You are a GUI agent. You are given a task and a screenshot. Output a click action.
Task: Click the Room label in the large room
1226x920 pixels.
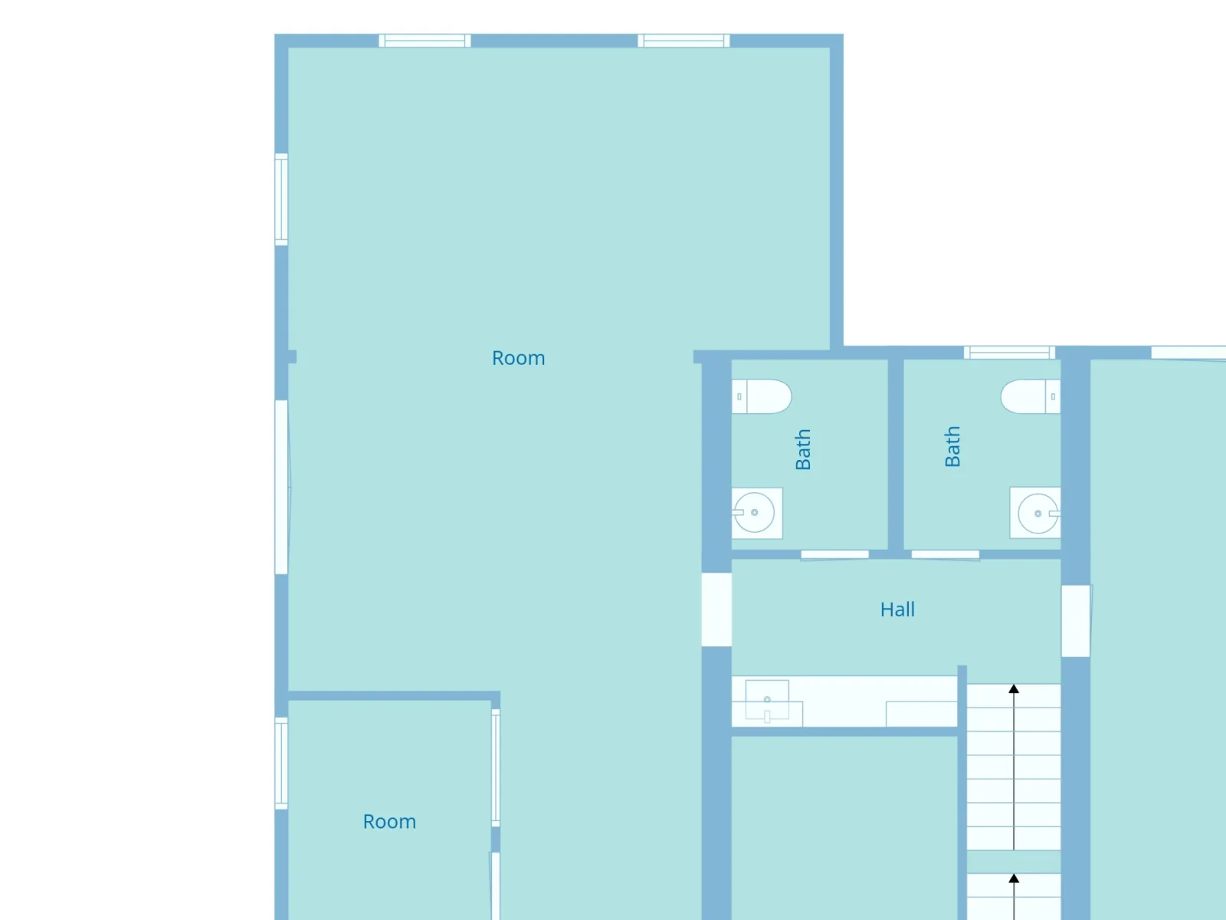click(x=518, y=358)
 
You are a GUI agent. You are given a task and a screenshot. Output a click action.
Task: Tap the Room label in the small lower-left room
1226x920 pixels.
click(x=389, y=822)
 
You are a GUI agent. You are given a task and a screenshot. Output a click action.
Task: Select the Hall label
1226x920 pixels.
click(x=897, y=609)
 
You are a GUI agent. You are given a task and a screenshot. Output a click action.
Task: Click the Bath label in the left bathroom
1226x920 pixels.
click(x=802, y=450)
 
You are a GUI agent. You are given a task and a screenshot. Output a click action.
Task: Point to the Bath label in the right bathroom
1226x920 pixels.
click(x=952, y=446)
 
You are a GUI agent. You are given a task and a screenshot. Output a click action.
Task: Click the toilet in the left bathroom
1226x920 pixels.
click(x=762, y=396)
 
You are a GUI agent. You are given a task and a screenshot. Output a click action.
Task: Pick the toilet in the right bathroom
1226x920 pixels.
click(x=1031, y=396)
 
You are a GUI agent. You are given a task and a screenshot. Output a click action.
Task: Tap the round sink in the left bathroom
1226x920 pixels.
click(x=755, y=512)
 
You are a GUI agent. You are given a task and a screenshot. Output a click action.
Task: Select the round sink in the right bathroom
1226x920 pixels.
click(x=1037, y=513)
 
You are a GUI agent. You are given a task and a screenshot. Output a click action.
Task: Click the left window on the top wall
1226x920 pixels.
click(x=425, y=41)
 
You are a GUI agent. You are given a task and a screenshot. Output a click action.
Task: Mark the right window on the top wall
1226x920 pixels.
click(x=683, y=41)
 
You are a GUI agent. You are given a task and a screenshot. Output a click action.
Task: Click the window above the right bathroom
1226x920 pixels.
click(x=1009, y=353)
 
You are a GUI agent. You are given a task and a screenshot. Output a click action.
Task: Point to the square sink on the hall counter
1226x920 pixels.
click(x=767, y=700)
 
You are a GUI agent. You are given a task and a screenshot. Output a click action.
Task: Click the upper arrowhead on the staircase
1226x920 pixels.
click(x=1014, y=688)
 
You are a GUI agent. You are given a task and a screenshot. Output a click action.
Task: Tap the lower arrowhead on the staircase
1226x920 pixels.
click(x=1014, y=878)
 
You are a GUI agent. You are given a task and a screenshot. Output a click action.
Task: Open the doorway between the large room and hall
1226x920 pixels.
click(x=716, y=609)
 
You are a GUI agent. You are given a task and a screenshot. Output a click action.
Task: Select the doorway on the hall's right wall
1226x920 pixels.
click(x=1076, y=621)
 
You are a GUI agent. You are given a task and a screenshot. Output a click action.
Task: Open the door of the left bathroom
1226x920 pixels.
click(x=835, y=554)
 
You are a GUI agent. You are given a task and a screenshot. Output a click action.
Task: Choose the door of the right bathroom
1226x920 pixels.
click(x=946, y=554)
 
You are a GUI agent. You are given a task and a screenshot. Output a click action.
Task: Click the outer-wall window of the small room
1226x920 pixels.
click(x=281, y=763)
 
